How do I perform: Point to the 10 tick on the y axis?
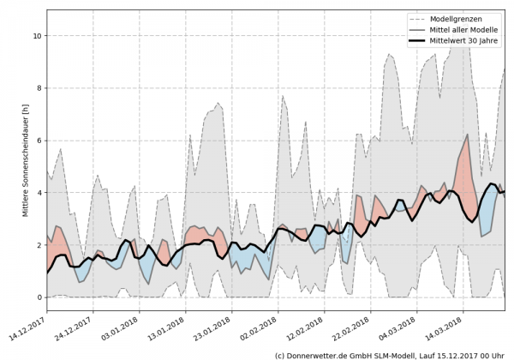pyautogui.click(x=37, y=36)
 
